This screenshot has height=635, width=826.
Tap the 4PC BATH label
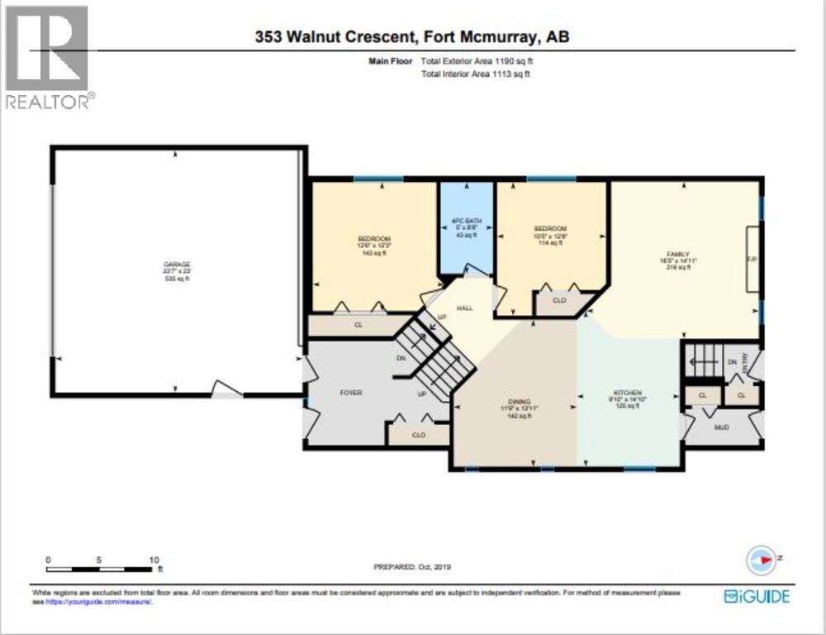pos(465,221)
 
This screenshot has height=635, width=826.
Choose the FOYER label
pos(351,393)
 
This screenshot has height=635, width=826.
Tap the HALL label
pos(464,308)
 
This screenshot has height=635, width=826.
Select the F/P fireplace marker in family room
pos(752,258)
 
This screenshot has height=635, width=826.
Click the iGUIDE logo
pos(757,596)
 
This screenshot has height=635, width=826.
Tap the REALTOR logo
pos(48,58)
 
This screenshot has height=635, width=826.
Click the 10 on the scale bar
pos(153,560)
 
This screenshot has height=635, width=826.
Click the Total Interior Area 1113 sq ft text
pos(475,74)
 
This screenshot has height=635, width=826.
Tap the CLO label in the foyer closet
pos(418,434)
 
